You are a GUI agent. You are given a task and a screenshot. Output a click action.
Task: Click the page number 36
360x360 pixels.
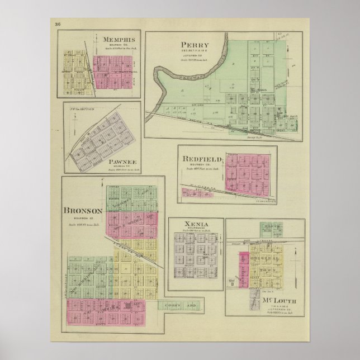[58, 23]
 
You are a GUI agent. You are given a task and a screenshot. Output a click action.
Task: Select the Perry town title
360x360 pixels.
[195, 45]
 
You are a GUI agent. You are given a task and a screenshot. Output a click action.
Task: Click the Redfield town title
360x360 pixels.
[202, 159]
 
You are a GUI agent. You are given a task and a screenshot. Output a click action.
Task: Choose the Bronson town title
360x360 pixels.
[82, 211]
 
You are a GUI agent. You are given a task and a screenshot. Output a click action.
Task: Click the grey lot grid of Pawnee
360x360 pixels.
[102, 140]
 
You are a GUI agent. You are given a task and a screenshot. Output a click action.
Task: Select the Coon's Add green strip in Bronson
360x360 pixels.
[178, 305]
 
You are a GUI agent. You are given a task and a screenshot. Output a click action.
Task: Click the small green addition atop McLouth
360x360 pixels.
[271, 228]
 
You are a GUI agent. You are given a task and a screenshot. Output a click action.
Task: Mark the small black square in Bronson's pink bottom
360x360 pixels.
[129, 307]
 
